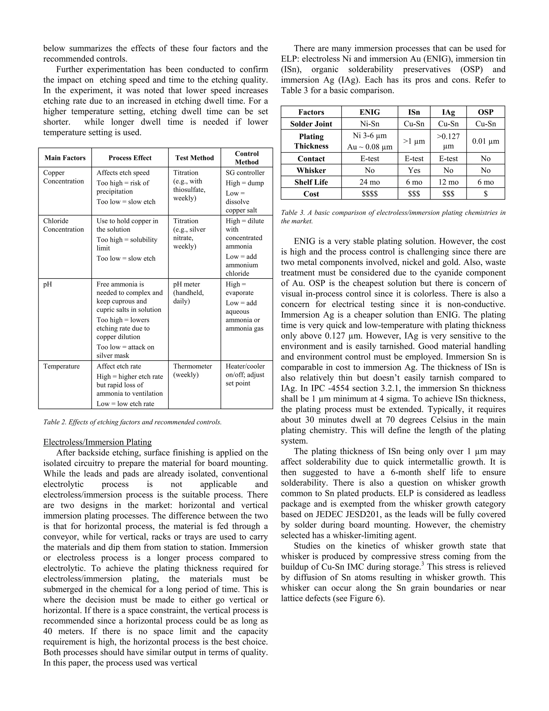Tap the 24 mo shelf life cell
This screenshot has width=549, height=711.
(x=369, y=182)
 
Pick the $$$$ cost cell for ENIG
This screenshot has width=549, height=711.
(x=369, y=194)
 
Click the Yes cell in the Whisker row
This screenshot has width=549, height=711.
(x=414, y=170)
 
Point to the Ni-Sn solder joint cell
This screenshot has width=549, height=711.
(x=369, y=124)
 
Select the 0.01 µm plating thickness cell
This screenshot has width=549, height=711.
(x=485, y=141)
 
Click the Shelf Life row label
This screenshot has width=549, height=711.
(x=311, y=182)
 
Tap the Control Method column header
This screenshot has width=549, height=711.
(x=247, y=157)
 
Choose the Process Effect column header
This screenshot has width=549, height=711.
(x=130, y=158)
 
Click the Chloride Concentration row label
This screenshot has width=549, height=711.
(x=64, y=225)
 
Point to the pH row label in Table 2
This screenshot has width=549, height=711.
(x=47, y=284)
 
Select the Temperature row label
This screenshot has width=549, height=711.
(x=61, y=366)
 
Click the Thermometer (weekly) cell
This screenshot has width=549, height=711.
(x=192, y=371)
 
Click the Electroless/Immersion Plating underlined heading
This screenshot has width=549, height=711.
(x=98, y=442)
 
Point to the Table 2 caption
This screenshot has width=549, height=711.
(x=132, y=422)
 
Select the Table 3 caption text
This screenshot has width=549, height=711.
(x=393, y=217)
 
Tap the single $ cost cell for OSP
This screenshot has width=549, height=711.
(x=485, y=194)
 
